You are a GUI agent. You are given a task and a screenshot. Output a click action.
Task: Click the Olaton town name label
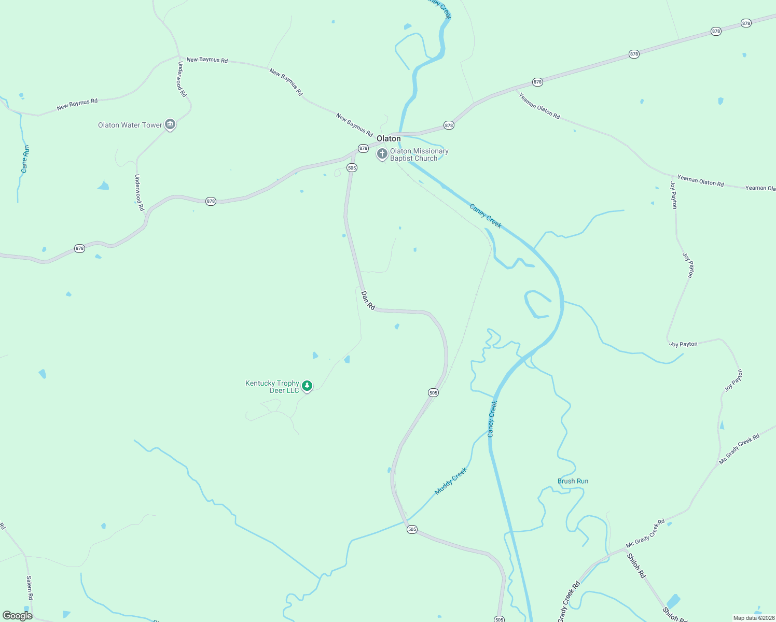[389, 138]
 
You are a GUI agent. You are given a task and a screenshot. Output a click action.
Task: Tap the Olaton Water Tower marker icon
[170, 124]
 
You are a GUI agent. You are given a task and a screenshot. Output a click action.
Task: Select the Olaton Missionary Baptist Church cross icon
[382, 154]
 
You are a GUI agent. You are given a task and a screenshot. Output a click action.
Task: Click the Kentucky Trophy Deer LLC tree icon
[307, 386]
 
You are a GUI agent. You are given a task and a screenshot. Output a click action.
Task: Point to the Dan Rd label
[368, 300]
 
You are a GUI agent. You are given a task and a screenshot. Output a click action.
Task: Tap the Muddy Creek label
[451, 480]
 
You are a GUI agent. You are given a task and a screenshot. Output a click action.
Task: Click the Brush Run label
[573, 481]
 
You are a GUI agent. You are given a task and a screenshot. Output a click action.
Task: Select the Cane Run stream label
[25, 159]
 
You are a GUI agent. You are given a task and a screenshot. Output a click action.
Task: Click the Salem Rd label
[30, 588]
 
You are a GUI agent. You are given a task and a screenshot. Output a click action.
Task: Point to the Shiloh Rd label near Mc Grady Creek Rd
[636, 566]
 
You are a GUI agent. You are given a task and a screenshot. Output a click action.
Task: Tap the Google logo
[18, 616]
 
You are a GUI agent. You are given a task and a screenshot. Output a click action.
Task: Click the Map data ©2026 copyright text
[754, 618]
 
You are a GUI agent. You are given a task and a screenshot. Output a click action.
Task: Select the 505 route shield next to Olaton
[352, 167]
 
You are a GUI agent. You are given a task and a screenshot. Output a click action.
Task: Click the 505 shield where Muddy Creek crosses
[412, 529]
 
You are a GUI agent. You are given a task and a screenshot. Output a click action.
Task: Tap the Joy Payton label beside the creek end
[683, 344]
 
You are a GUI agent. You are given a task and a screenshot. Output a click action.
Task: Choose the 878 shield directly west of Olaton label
[363, 148]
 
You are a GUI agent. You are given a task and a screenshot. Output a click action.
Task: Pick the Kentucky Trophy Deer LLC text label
[272, 387]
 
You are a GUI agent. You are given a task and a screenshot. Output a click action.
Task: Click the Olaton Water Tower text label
[130, 125]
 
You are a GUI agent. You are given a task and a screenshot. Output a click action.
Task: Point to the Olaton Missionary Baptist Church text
[419, 154]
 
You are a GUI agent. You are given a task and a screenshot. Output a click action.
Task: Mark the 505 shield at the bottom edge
[499, 619]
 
